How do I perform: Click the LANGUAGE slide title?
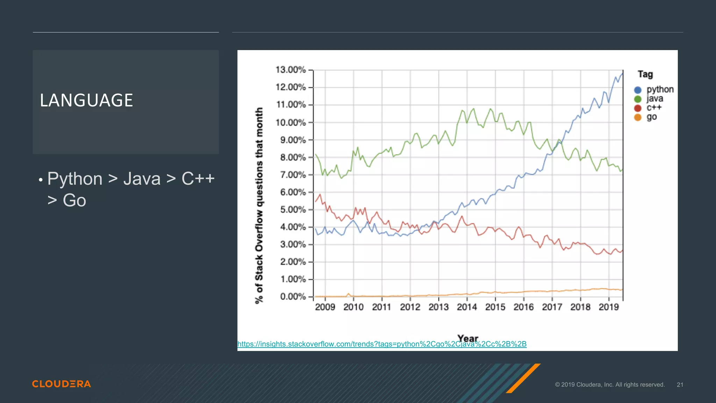click(x=86, y=100)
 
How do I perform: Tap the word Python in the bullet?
click(x=75, y=179)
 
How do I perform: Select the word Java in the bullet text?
click(x=142, y=179)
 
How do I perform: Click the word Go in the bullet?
click(x=74, y=200)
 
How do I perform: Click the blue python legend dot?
click(x=638, y=90)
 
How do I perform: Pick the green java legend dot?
click(x=638, y=99)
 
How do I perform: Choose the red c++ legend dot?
click(x=638, y=108)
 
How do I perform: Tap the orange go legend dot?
click(x=638, y=117)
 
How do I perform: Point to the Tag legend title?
click(x=645, y=74)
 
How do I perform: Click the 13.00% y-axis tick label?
click(x=290, y=70)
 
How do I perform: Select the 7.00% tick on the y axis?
click(x=293, y=175)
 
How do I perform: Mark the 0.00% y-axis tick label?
click(x=293, y=297)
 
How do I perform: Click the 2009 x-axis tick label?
click(x=325, y=307)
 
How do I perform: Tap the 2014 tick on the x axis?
click(x=467, y=307)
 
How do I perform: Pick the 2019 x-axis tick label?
click(x=609, y=307)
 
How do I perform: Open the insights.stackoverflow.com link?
click(x=382, y=344)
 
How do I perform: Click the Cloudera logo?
click(x=62, y=384)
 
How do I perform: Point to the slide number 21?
click(x=680, y=385)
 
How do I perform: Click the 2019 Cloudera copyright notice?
click(x=609, y=385)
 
